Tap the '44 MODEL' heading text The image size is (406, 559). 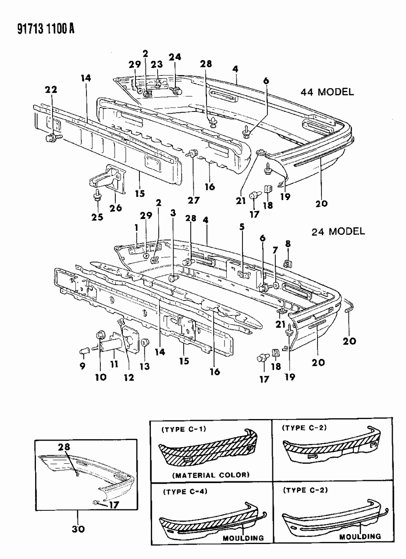pyautogui.click(x=327, y=92)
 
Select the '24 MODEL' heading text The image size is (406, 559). pyautogui.click(x=338, y=231)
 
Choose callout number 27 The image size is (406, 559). pyautogui.click(x=194, y=200)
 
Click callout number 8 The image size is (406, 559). pyautogui.click(x=287, y=244)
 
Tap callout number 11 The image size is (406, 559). pyautogui.click(x=114, y=364)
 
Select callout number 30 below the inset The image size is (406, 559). pyautogui.click(x=79, y=529)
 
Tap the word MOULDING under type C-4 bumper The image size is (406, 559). pyautogui.click(x=243, y=537)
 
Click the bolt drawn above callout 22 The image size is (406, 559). pyautogui.click(x=52, y=138)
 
